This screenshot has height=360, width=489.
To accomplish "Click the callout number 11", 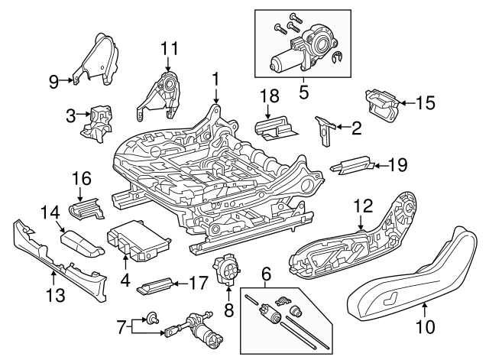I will point(169,48).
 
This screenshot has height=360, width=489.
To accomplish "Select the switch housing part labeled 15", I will point(383,102).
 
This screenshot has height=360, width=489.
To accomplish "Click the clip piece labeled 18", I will point(276,129).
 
